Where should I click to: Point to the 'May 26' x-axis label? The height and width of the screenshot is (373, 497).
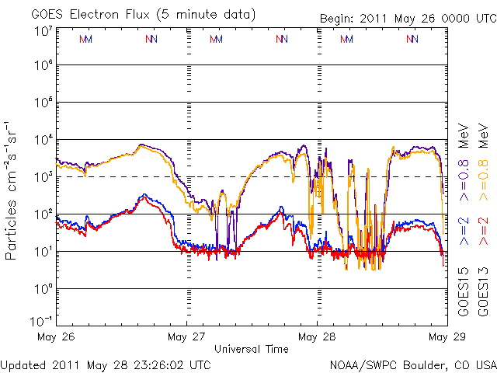point(55,337)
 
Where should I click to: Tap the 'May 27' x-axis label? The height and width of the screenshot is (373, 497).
point(186,337)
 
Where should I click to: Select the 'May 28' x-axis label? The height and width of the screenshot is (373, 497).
point(317,337)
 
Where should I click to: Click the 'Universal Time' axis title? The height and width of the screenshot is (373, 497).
point(251,349)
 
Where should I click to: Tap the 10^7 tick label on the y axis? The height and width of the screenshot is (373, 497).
point(43,31)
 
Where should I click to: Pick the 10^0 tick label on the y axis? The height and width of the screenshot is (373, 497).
point(43,288)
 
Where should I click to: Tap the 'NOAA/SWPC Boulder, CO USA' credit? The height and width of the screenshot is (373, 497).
point(412,364)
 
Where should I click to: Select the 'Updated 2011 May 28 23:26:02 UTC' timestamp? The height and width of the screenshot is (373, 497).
point(106,364)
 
